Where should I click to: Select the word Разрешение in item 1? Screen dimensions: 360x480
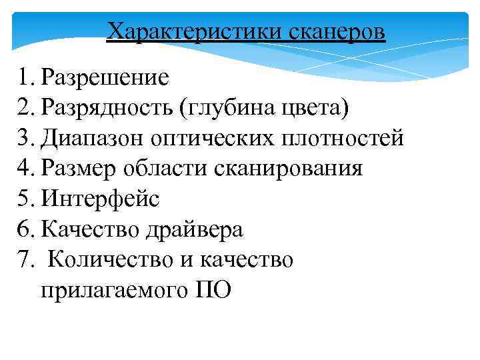105,78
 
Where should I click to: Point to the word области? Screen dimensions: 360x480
169,169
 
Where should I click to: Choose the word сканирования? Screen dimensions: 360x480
289,169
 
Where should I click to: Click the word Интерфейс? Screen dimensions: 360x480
100,199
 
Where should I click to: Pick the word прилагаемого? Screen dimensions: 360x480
110,290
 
